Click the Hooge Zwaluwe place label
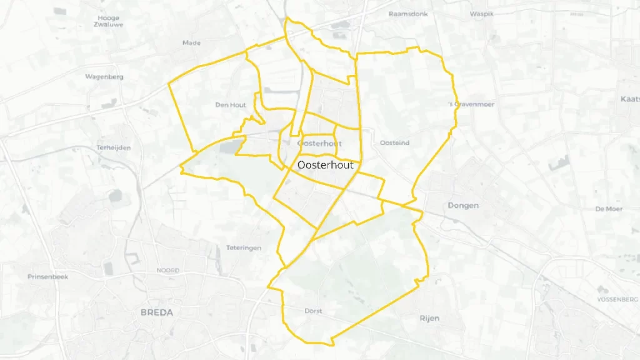pos(108,21)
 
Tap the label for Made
pos(191,42)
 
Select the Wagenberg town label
pos(104,77)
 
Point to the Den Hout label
pos(231,105)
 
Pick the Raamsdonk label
pos(408,14)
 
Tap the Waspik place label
pos(482,14)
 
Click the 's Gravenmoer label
pos(472,104)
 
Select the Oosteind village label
pos(394,143)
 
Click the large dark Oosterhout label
pos(326,165)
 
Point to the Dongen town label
pos(463,205)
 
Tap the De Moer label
pos(608,209)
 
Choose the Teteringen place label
pos(244,248)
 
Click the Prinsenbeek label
pos(47,276)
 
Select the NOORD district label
pos(167,271)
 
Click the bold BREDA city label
pos(157,312)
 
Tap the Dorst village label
pos(313,311)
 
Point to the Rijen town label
pos(429,318)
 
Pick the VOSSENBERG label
pos(616,299)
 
